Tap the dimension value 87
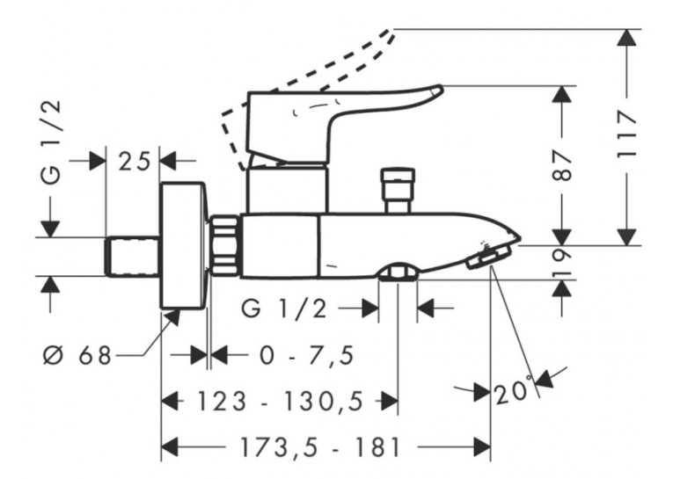[x=562, y=165]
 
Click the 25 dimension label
[x=135, y=162]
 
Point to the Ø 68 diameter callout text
[x=77, y=355]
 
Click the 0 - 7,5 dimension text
[x=307, y=355]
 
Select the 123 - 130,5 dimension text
[x=280, y=402]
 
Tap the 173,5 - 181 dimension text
[x=319, y=448]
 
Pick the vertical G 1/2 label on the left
[x=53, y=142]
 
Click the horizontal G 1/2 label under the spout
[x=284, y=308]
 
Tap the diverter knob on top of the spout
[x=398, y=191]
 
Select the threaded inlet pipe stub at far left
[x=132, y=257]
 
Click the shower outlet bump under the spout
[x=398, y=272]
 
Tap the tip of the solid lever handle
[x=442, y=89]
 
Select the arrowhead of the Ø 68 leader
[x=172, y=318]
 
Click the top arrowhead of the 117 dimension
[x=627, y=36]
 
